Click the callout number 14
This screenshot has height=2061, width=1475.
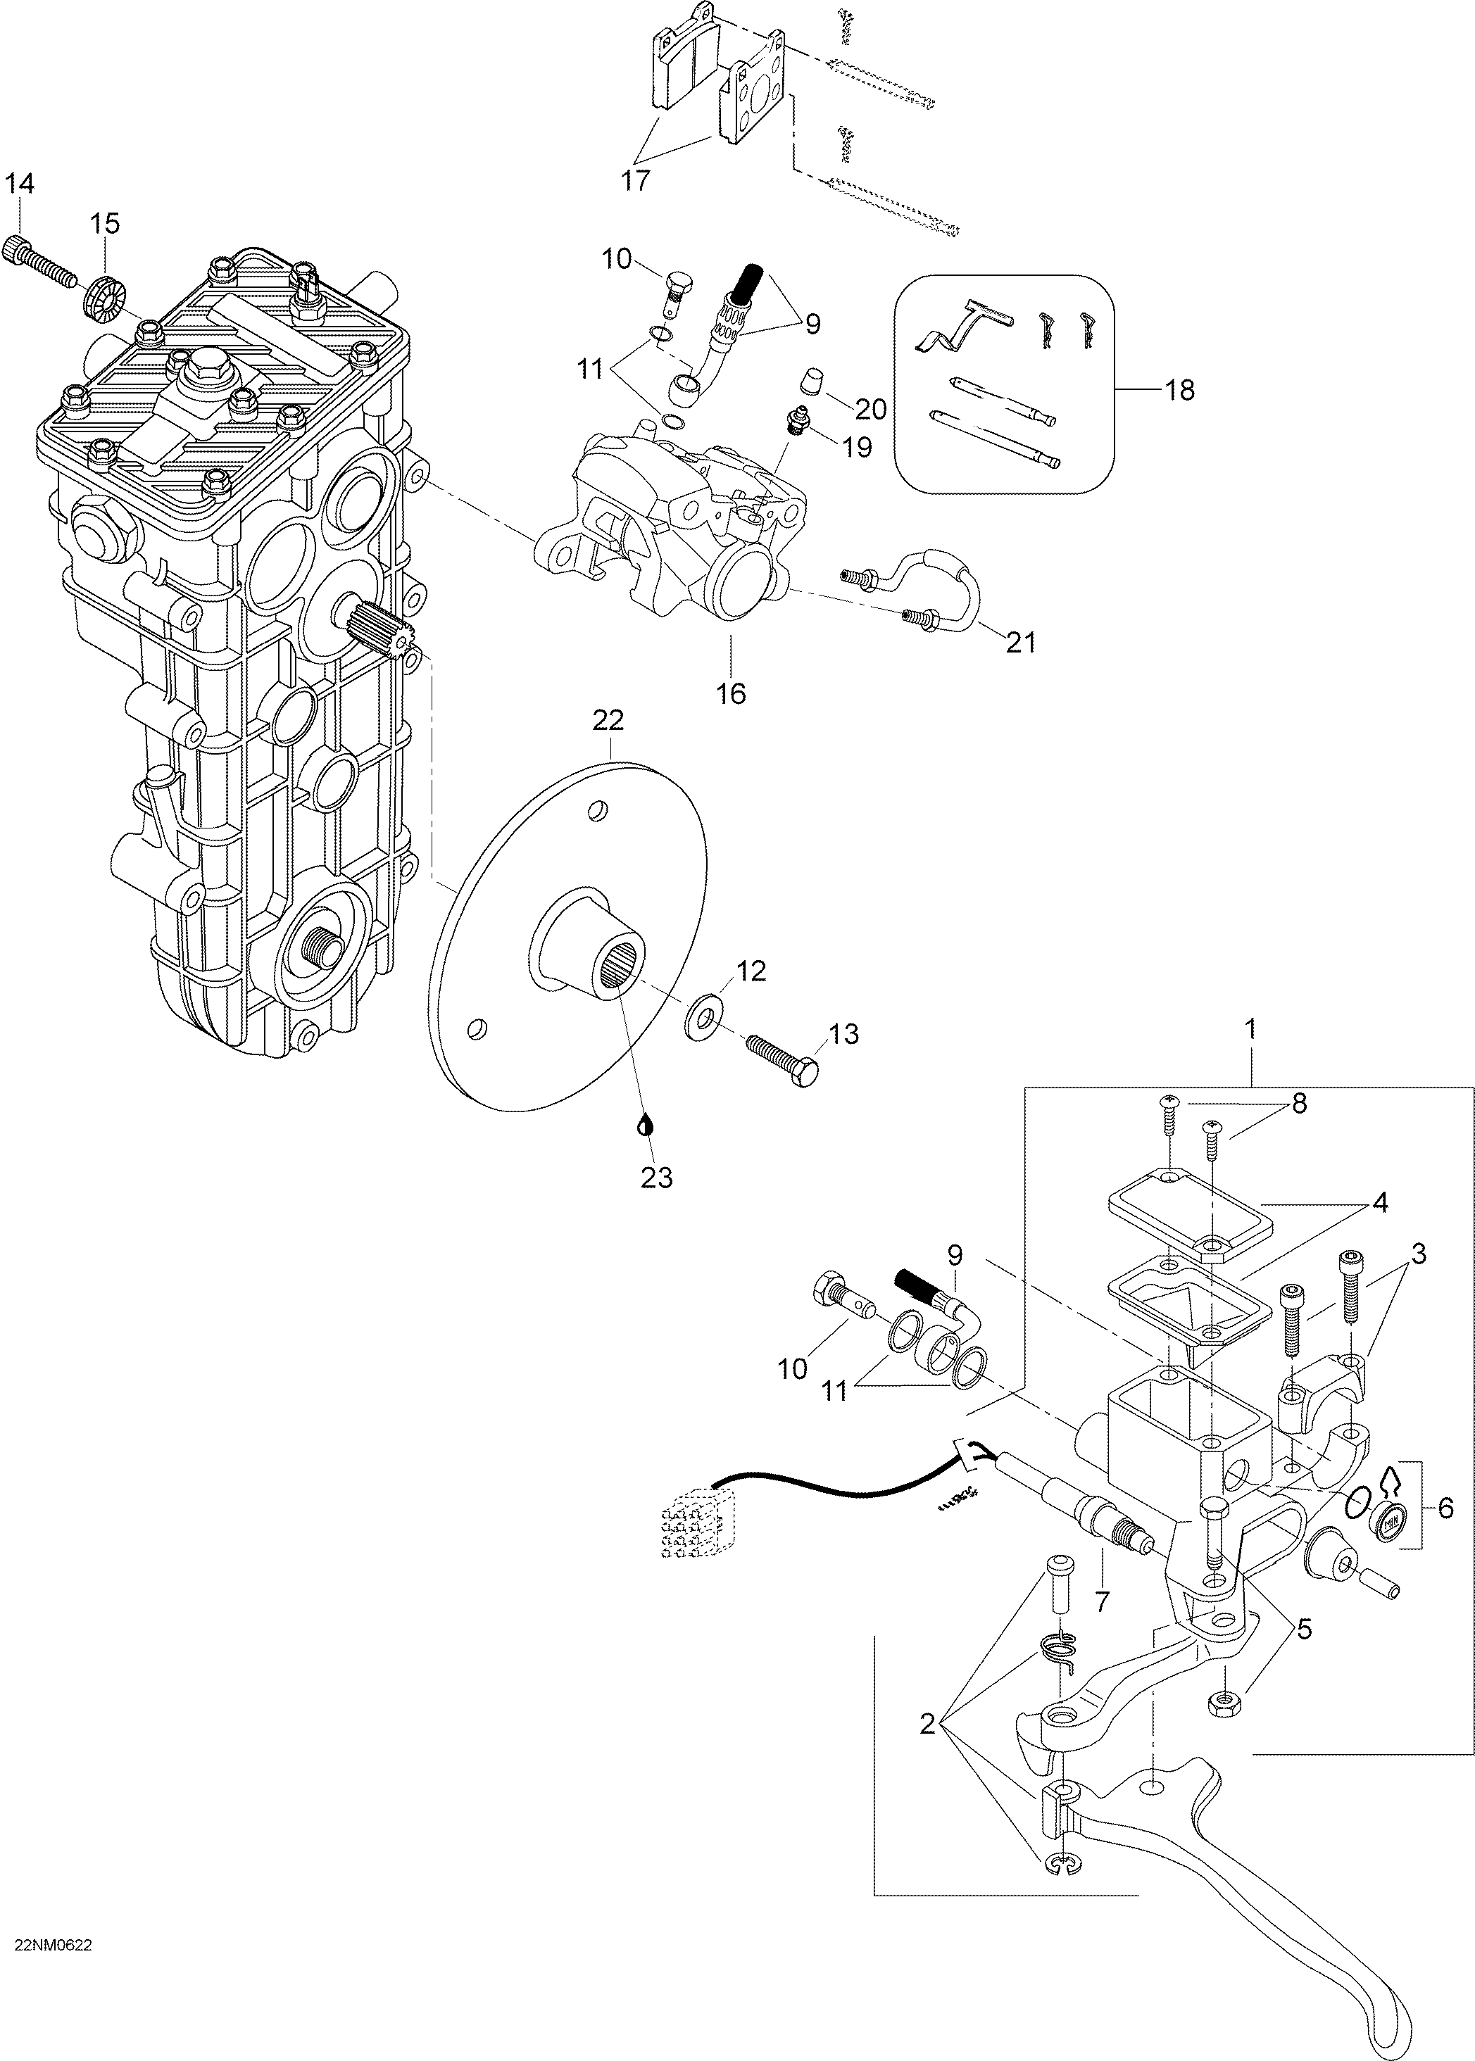tap(19, 184)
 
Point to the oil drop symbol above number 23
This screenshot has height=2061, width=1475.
tap(645, 1125)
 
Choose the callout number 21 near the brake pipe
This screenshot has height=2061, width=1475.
tap(1022, 643)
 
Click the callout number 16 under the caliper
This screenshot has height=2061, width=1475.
tap(731, 693)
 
